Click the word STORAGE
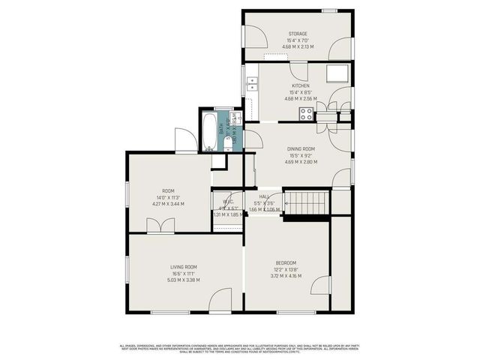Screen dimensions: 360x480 coord(298,34)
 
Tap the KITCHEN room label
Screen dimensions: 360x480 coord(299,85)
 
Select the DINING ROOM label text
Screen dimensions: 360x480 coord(298,149)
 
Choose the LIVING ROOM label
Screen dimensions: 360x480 coord(184,267)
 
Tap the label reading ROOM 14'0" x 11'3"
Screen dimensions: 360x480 coord(168,191)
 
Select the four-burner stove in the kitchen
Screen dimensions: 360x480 coord(307,113)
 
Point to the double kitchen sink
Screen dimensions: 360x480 coord(253,83)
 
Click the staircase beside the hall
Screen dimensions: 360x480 coord(308,201)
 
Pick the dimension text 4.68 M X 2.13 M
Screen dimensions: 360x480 coord(298,46)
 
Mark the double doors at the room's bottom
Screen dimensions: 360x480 coord(161,225)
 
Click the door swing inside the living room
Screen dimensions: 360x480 coord(220,298)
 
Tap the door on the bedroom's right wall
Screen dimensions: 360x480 coord(321,286)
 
